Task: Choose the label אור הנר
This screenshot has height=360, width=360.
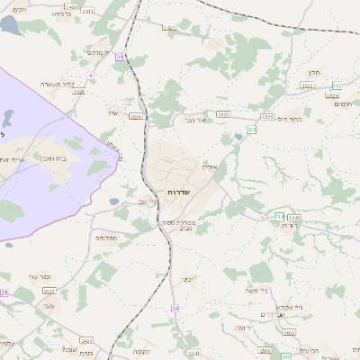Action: pyautogui.click(x=195, y=119)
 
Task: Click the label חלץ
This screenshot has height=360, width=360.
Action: pyautogui.click(x=314, y=72)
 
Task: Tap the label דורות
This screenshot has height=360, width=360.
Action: pyautogui.click(x=289, y=225)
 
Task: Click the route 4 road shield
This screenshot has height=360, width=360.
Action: pyautogui.click(x=91, y=76)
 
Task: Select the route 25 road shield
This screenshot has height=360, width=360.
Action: pyautogui.click(x=4, y=292)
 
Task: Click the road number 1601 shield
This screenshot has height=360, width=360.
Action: pyautogui.click(x=136, y=116)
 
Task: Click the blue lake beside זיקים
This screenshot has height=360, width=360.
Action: pyautogui.click(x=9, y=25)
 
